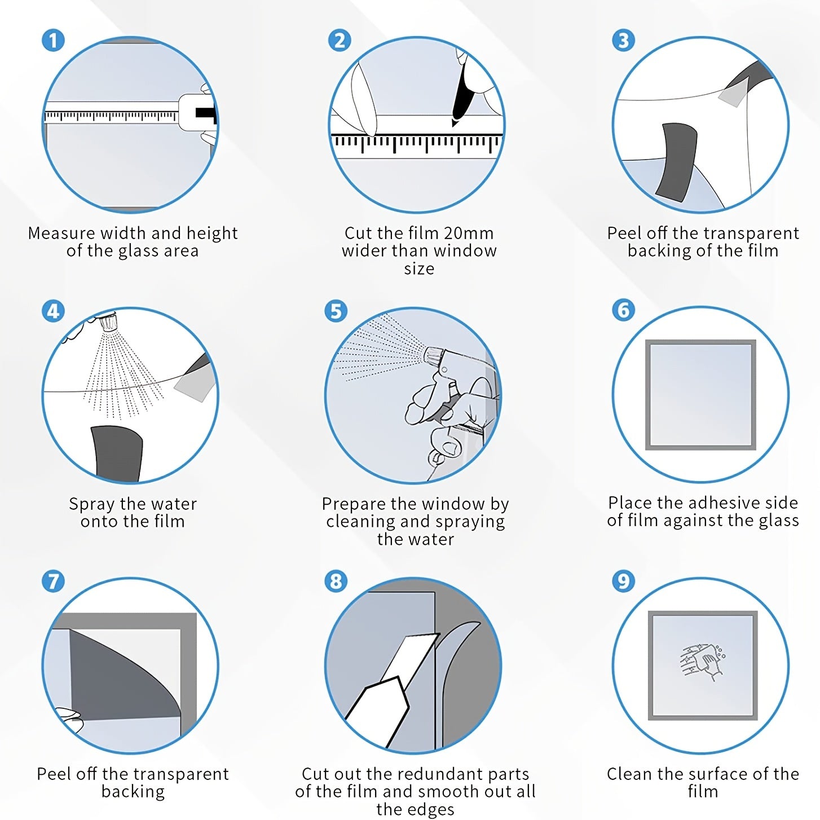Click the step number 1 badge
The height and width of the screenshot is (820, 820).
[x=53, y=41]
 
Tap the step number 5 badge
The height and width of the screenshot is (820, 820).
[x=336, y=311]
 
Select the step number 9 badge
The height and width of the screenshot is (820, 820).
[x=623, y=581]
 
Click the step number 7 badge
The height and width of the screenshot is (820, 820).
[x=53, y=581]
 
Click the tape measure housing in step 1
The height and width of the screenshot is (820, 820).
[x=197, y=113]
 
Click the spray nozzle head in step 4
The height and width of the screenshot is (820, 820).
[x=108, y=322]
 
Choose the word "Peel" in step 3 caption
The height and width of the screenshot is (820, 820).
[x=624, y=233]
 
